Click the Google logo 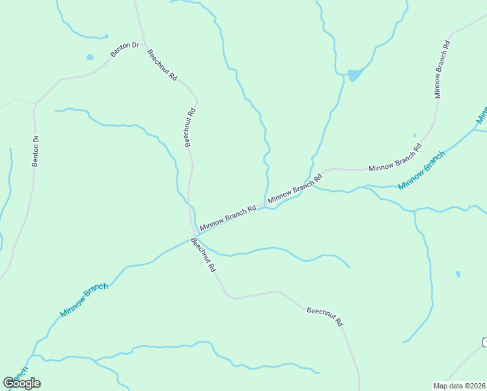(22, 383)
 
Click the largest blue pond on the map (354, 75)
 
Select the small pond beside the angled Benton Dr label (90, 57)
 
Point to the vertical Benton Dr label (36, 151)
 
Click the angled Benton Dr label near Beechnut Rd (125, 50)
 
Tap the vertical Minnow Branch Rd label (442, 69)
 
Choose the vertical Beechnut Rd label (189, 126)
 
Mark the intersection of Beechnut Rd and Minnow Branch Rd (195, 232)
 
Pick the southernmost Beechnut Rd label (324, 317)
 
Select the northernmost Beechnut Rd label (162, 65)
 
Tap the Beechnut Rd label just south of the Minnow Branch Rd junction (203, 255)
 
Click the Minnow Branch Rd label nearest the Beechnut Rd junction (228, 218)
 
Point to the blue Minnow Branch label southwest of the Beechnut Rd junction (83, 300)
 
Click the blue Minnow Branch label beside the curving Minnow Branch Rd (421, 170)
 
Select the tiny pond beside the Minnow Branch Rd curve (415, 136)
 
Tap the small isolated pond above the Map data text (458, 274)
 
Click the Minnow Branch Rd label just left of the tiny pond (393, 160)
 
